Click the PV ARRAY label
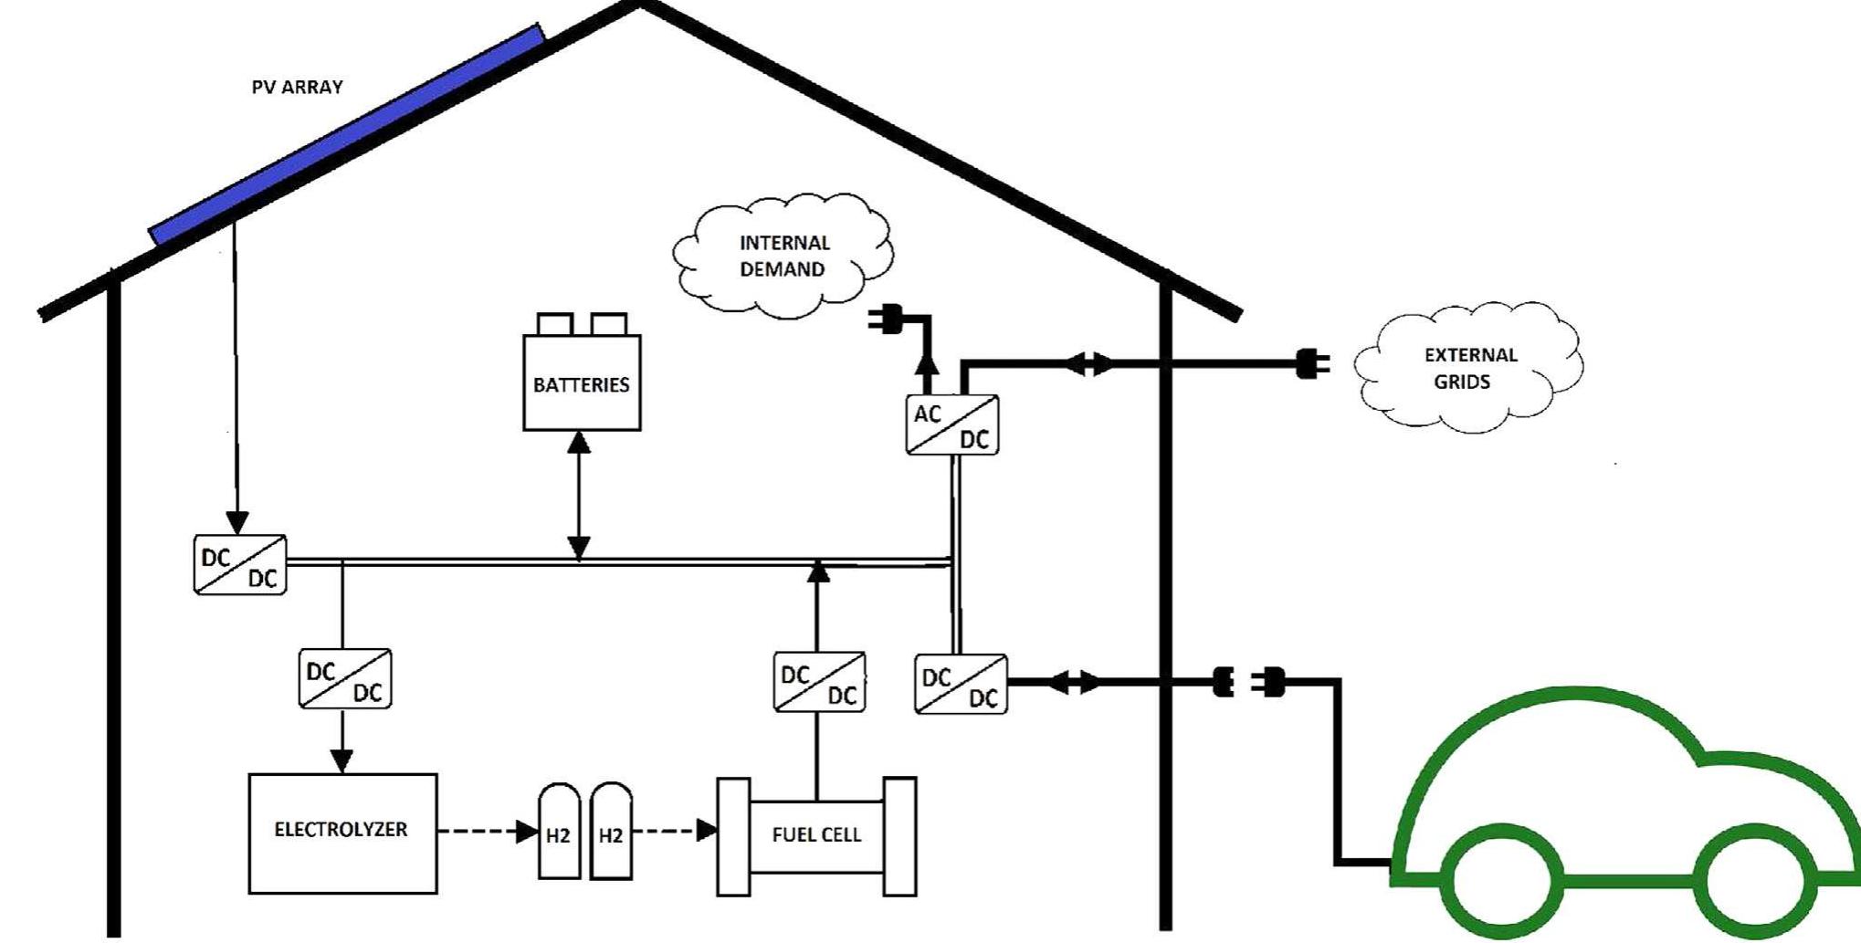click(297, 88)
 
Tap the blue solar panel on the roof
click(347, 136)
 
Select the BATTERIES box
click(582, 383)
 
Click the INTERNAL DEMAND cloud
click(783, 256)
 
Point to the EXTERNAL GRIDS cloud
click(1469, 368)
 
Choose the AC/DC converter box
click(952, 425)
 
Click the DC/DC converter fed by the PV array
click(239, 566)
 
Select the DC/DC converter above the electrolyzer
click(345, 679)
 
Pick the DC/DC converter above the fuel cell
click(819, 682)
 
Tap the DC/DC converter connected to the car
click(961, 685)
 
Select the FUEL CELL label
click(816, 835)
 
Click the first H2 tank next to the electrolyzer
click(559, 833)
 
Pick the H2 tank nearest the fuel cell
click(611, 833)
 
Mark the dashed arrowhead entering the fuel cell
click(707, 831)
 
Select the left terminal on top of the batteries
click(554, 324)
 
